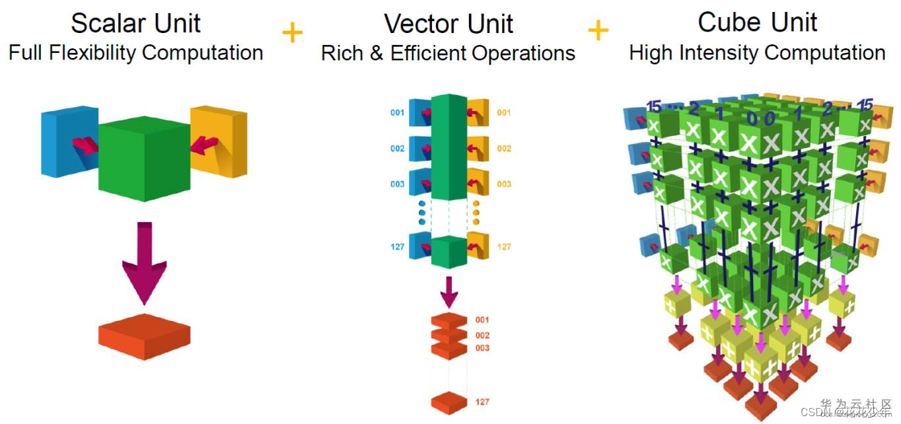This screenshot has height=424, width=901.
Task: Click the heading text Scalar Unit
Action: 136,24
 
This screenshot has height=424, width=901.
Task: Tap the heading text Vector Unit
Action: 449,24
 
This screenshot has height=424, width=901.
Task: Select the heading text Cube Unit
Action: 757,22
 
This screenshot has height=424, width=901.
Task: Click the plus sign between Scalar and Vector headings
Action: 293,32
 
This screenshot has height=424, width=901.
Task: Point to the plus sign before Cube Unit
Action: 598,30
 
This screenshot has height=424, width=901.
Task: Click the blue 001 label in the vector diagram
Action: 397,113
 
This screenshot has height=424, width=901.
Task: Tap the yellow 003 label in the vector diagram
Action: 504,184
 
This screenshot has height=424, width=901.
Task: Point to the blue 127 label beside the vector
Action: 397,247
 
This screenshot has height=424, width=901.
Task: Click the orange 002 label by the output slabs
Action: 482,336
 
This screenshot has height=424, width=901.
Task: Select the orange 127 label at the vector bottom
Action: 482,402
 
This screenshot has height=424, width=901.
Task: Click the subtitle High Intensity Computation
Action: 757,53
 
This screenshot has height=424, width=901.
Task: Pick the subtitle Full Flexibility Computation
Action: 136,53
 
